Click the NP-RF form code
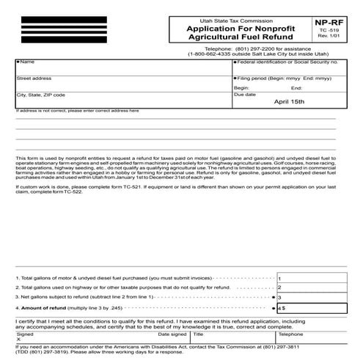tap(335, 22)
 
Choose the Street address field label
tap(34, 77)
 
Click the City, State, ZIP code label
tap(40, 95)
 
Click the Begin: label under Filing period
tap(243, 87)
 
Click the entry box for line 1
tap(307, 279)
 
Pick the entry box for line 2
tap(307, 288)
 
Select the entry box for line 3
tap(307, 298)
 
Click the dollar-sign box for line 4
tap(307, 309)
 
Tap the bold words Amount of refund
tap(45, 309)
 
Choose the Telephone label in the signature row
tap(290, 333)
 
